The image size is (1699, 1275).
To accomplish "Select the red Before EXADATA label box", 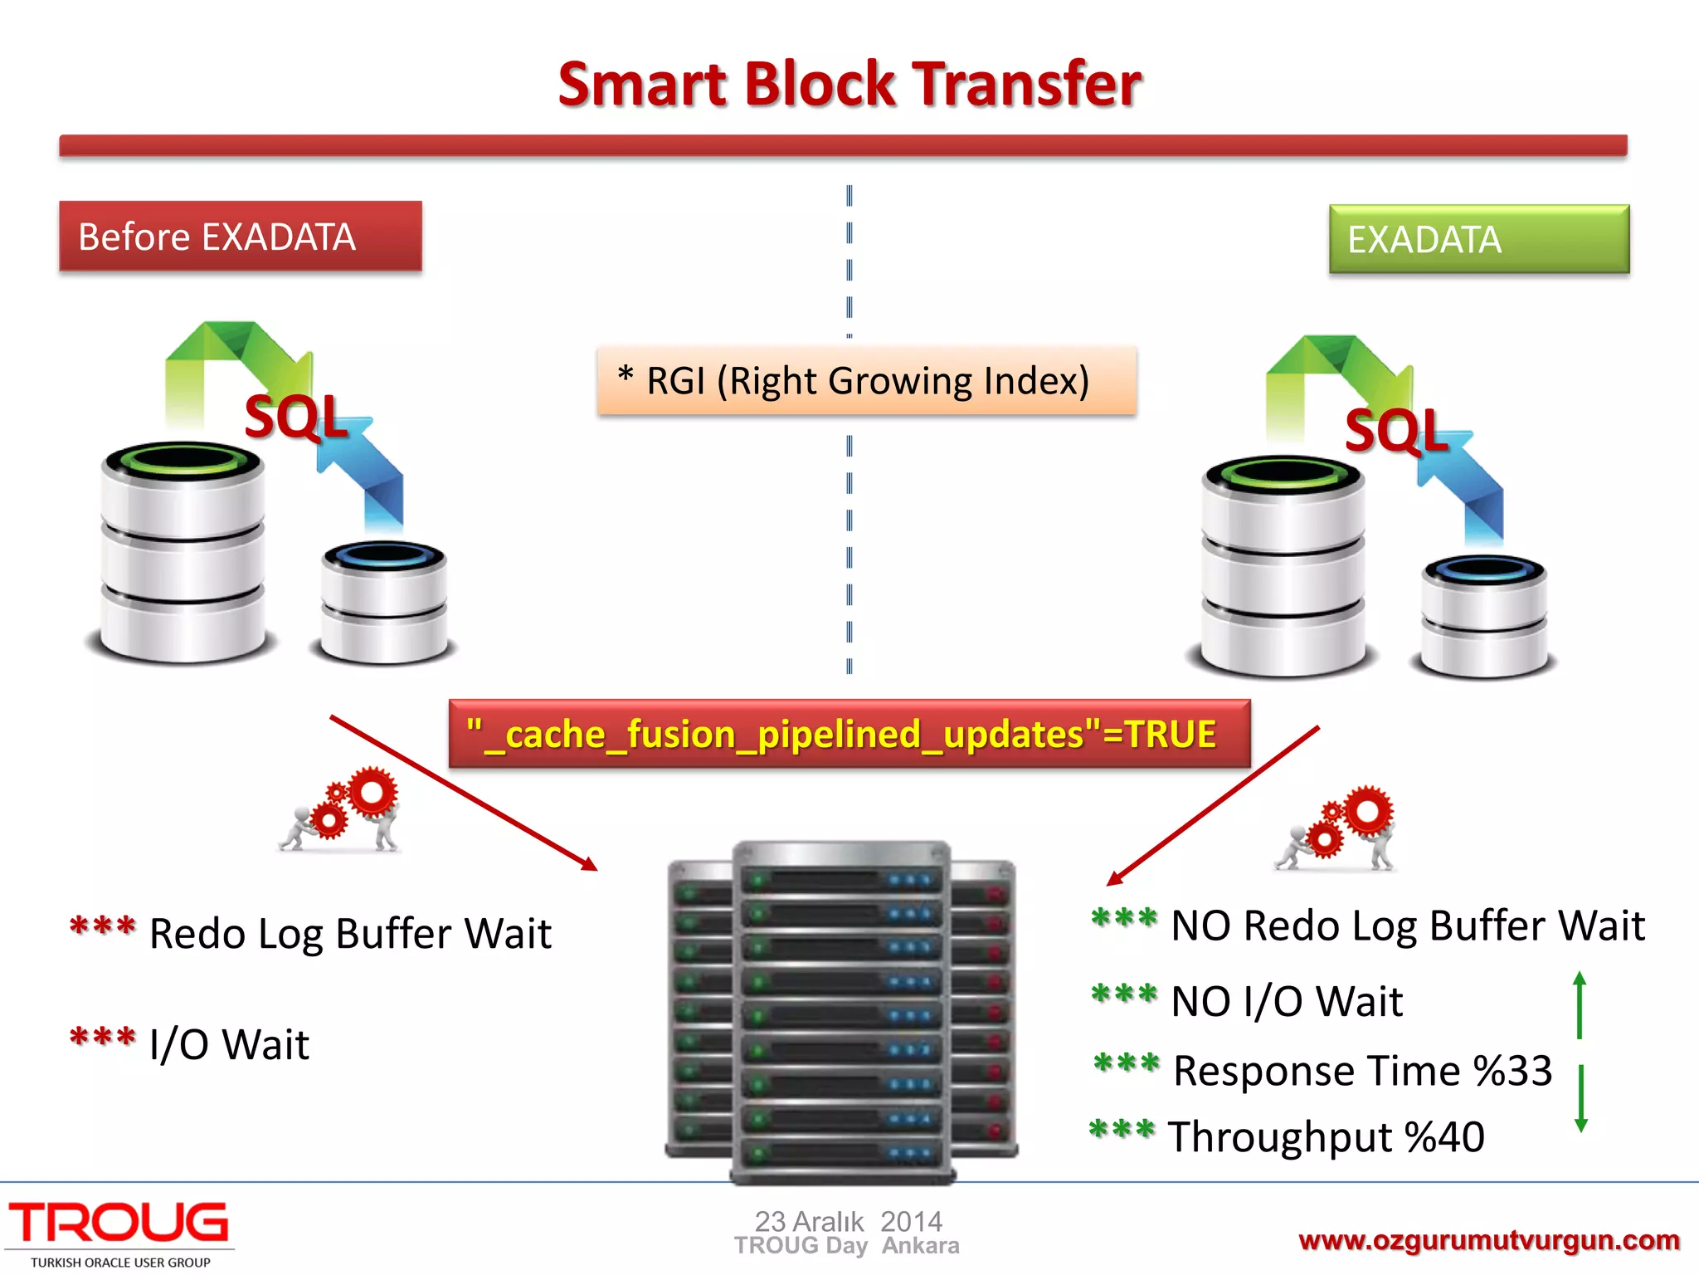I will tap(241, 237).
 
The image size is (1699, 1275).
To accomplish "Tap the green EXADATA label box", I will tap(1478, 240).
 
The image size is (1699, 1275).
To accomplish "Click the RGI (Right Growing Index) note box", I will tap(866, 381).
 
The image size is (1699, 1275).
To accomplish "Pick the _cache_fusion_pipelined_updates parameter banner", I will tap(849, 735).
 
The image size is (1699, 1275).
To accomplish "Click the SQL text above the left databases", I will tap(295, 418).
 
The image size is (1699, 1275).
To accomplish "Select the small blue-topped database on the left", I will tap(384, 602).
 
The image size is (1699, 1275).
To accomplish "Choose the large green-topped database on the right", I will tap(1283, 564).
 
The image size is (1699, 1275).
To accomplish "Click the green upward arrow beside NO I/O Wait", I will tap(1580, 1004).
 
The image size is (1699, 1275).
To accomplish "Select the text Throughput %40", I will tap(1326, 1137).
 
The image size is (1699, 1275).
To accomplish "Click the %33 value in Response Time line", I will tap(1512, 1071).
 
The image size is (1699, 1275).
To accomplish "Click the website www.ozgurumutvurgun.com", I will tap(1488, 1240).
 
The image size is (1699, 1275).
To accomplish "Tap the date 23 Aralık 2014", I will tap(848, 1221).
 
